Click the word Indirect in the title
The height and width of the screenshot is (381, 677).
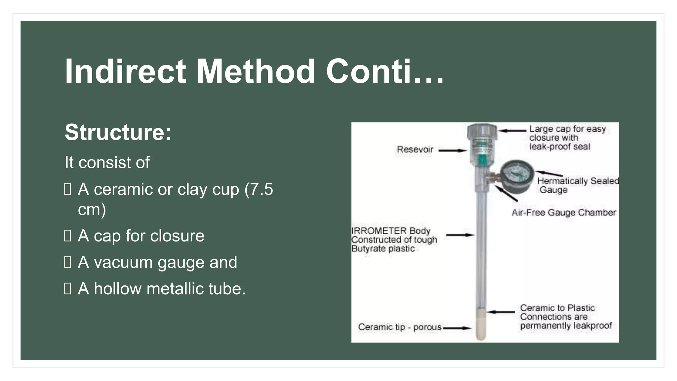125,71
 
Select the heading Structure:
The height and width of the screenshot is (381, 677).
118,132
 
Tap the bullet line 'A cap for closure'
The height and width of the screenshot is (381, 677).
141,236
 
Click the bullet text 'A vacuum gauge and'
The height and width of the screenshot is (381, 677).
157,262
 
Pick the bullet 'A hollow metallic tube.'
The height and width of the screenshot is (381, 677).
162,289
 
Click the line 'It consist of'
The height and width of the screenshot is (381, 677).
107,162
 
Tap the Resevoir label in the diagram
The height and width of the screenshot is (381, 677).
415,149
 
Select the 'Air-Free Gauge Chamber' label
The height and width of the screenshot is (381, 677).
564,212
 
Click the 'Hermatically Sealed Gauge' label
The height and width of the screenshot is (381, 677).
577,185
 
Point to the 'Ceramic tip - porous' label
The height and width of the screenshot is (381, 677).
400,327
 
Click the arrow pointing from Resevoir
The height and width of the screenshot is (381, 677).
452,150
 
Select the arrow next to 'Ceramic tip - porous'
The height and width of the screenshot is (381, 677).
457,328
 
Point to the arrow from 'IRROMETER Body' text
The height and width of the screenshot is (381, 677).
460,235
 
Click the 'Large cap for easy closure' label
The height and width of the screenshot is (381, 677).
567,138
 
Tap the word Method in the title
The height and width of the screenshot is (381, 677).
256,71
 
